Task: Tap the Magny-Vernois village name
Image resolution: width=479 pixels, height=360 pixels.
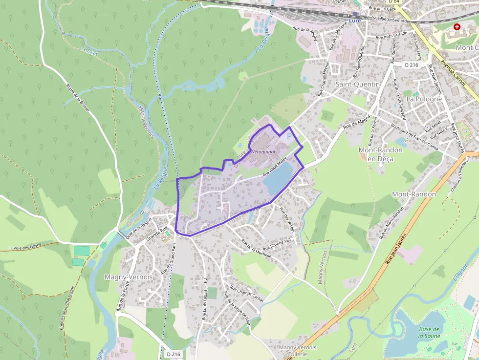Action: tap(129, 277)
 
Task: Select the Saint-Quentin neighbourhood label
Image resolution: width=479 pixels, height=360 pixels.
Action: tap(358, 84)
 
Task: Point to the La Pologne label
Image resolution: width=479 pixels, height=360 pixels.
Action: tap(424, 99)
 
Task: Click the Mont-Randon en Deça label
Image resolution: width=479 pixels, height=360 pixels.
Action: tap(381, 154)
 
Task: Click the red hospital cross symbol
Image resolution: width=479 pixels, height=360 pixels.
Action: tap(457, 27)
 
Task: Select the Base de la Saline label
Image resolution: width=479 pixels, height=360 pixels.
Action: tap(429, 332)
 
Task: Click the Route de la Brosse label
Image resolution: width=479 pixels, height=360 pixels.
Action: tap(78, 98)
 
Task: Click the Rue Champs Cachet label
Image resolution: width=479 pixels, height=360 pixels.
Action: tap(246, 294)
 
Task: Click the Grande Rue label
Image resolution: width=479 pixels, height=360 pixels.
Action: tap(157, 234)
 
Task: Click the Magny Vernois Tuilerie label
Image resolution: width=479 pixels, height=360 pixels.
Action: tap(297, 350)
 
